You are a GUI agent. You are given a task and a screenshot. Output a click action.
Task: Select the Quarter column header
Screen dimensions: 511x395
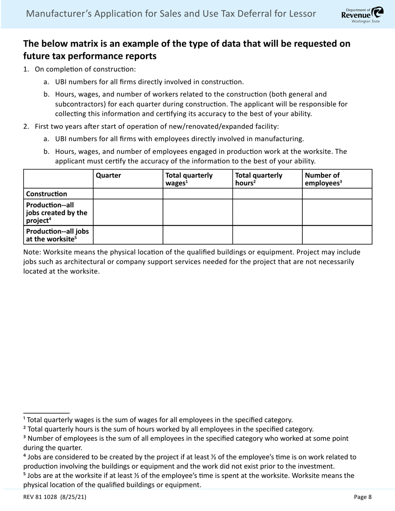[x=109, y=175]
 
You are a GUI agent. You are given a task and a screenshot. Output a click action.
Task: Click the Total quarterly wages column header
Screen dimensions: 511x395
[x=189, y=179]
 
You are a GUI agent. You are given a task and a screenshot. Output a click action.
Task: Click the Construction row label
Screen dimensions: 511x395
[x=47, y=194]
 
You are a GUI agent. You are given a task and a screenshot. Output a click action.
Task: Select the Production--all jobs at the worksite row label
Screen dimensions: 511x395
[x=57, y=235]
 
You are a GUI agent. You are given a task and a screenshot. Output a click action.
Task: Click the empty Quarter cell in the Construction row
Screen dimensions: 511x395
[x=128, y=194]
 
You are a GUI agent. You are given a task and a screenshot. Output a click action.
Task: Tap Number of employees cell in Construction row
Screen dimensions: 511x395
[x=337, y=194]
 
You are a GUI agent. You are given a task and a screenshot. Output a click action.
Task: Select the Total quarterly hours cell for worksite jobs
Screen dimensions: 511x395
[x=267, y=235]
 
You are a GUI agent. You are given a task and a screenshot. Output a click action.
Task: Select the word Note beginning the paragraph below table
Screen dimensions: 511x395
[x=32, y=252]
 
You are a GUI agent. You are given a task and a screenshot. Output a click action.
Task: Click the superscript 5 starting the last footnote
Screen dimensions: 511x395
[x=24, y=474]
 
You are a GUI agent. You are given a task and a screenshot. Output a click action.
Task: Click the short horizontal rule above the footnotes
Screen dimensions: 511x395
[x=46, y=413]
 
